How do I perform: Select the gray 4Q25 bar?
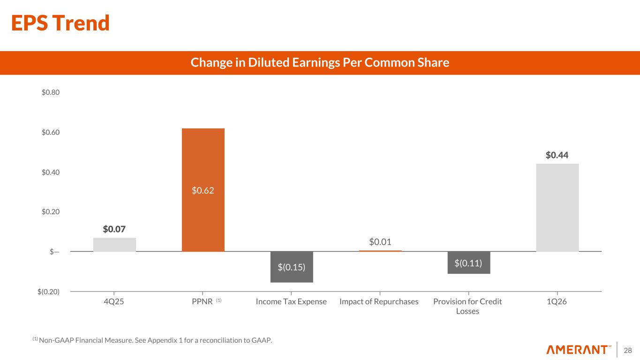114,245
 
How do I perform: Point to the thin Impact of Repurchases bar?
380,251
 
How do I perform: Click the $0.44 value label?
557,155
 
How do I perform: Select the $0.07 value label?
114,229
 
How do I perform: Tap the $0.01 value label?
380,242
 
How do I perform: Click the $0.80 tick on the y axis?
51,92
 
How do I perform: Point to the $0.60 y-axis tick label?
51,132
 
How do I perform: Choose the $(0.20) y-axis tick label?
49,292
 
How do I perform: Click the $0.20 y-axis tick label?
51,212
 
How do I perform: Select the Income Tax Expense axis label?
291,301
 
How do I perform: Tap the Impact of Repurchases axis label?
379,301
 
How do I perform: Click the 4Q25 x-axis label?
114,301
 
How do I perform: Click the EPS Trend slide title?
60,23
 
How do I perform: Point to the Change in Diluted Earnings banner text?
320,63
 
